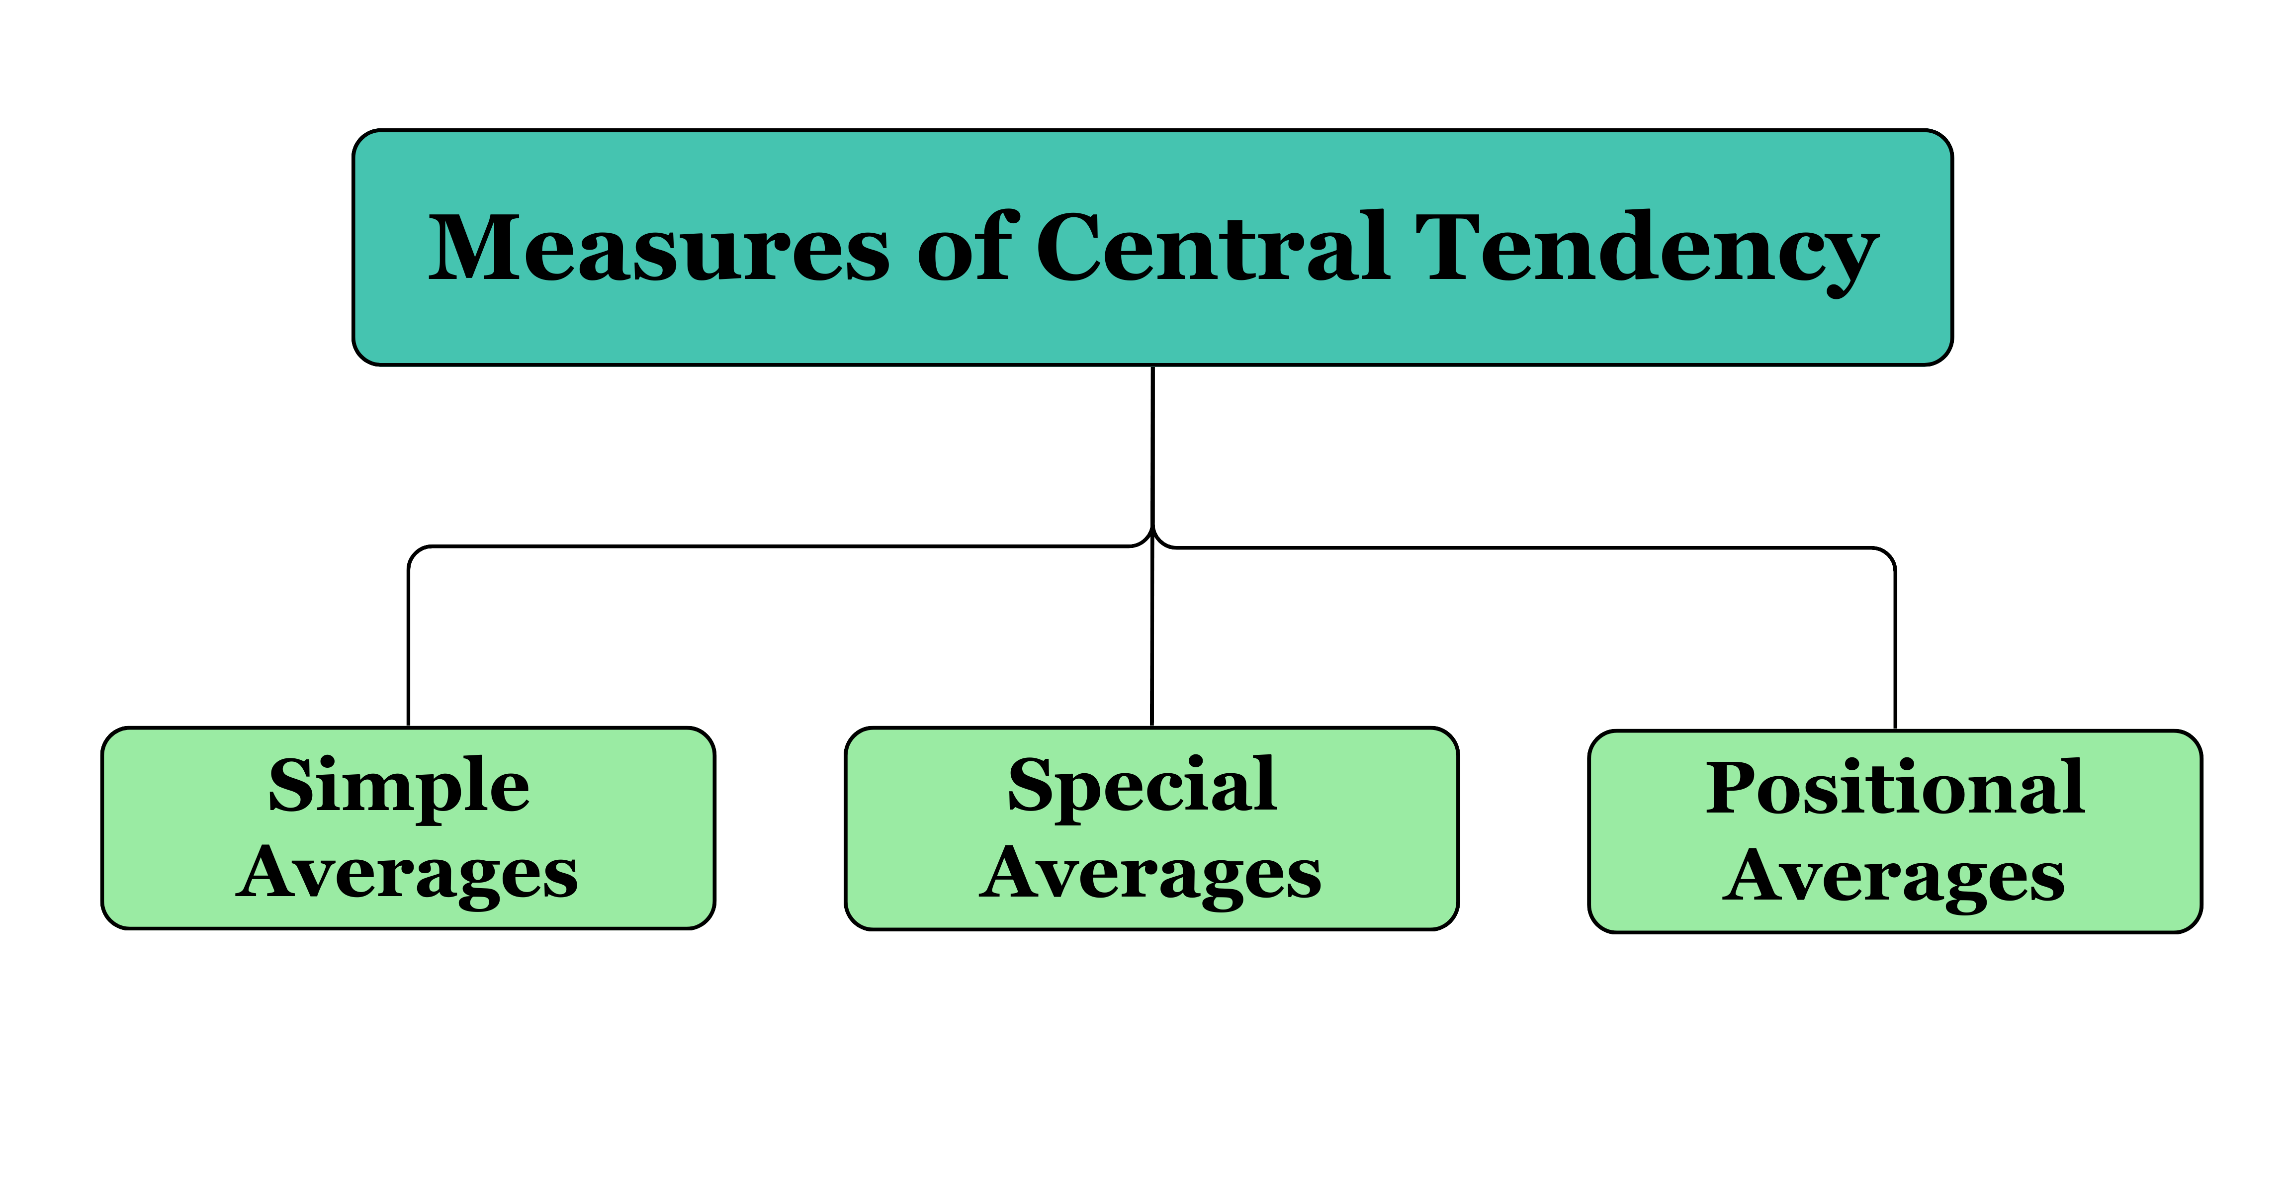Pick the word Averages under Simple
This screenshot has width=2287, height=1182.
pyautogui.click(x=408, y=875)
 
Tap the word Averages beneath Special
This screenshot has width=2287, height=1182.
pyautogui.click(x=1150, y=875)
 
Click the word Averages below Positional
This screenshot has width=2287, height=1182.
pyautogui.click(x=1894, y=877)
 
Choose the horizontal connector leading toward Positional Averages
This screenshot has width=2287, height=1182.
pyautogui.click(x=1527, y=548)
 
